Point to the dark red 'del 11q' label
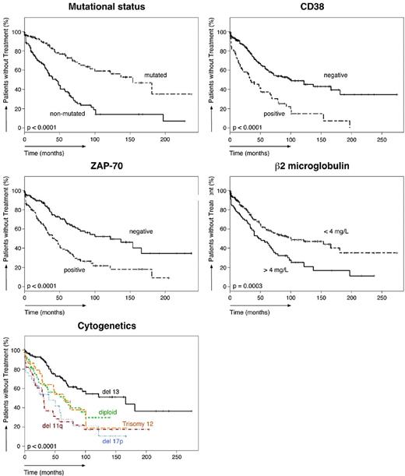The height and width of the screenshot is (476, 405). coord(55,425)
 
